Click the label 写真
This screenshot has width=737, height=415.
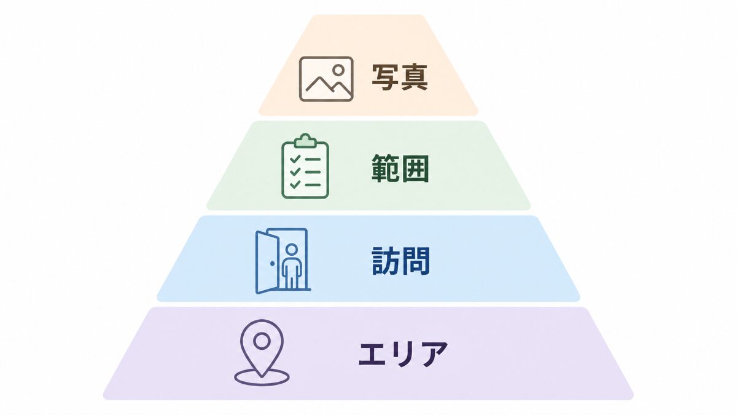point(400,77)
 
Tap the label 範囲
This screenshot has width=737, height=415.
point(400,168)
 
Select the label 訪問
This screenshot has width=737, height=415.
point(400,261)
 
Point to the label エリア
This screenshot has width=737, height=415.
point(403,354)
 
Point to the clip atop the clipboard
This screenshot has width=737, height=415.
point(305,140)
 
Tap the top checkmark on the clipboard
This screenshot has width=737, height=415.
point(295,159)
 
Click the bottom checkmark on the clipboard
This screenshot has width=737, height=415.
point(295,184)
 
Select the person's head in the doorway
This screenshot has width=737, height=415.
point(292,250)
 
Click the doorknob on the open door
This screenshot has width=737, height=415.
point(273,264)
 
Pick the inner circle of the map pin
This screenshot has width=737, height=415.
point(262,341)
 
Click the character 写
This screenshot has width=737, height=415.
point(385,77)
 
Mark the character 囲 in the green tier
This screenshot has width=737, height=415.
point(415,168)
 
